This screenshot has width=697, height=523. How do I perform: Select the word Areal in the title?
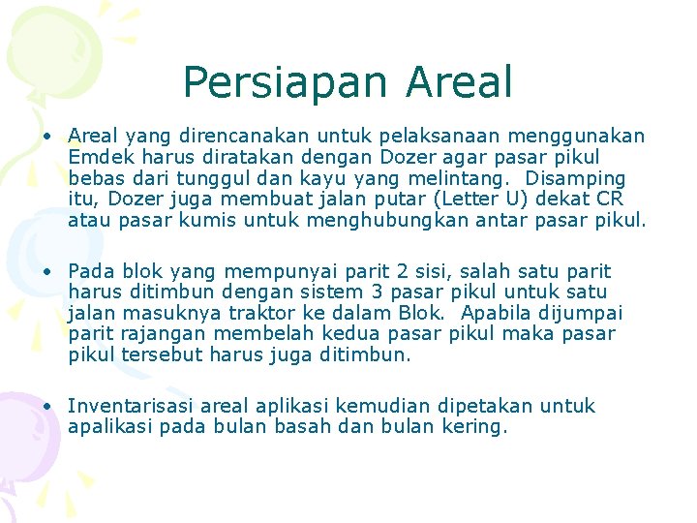click(459, 83)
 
